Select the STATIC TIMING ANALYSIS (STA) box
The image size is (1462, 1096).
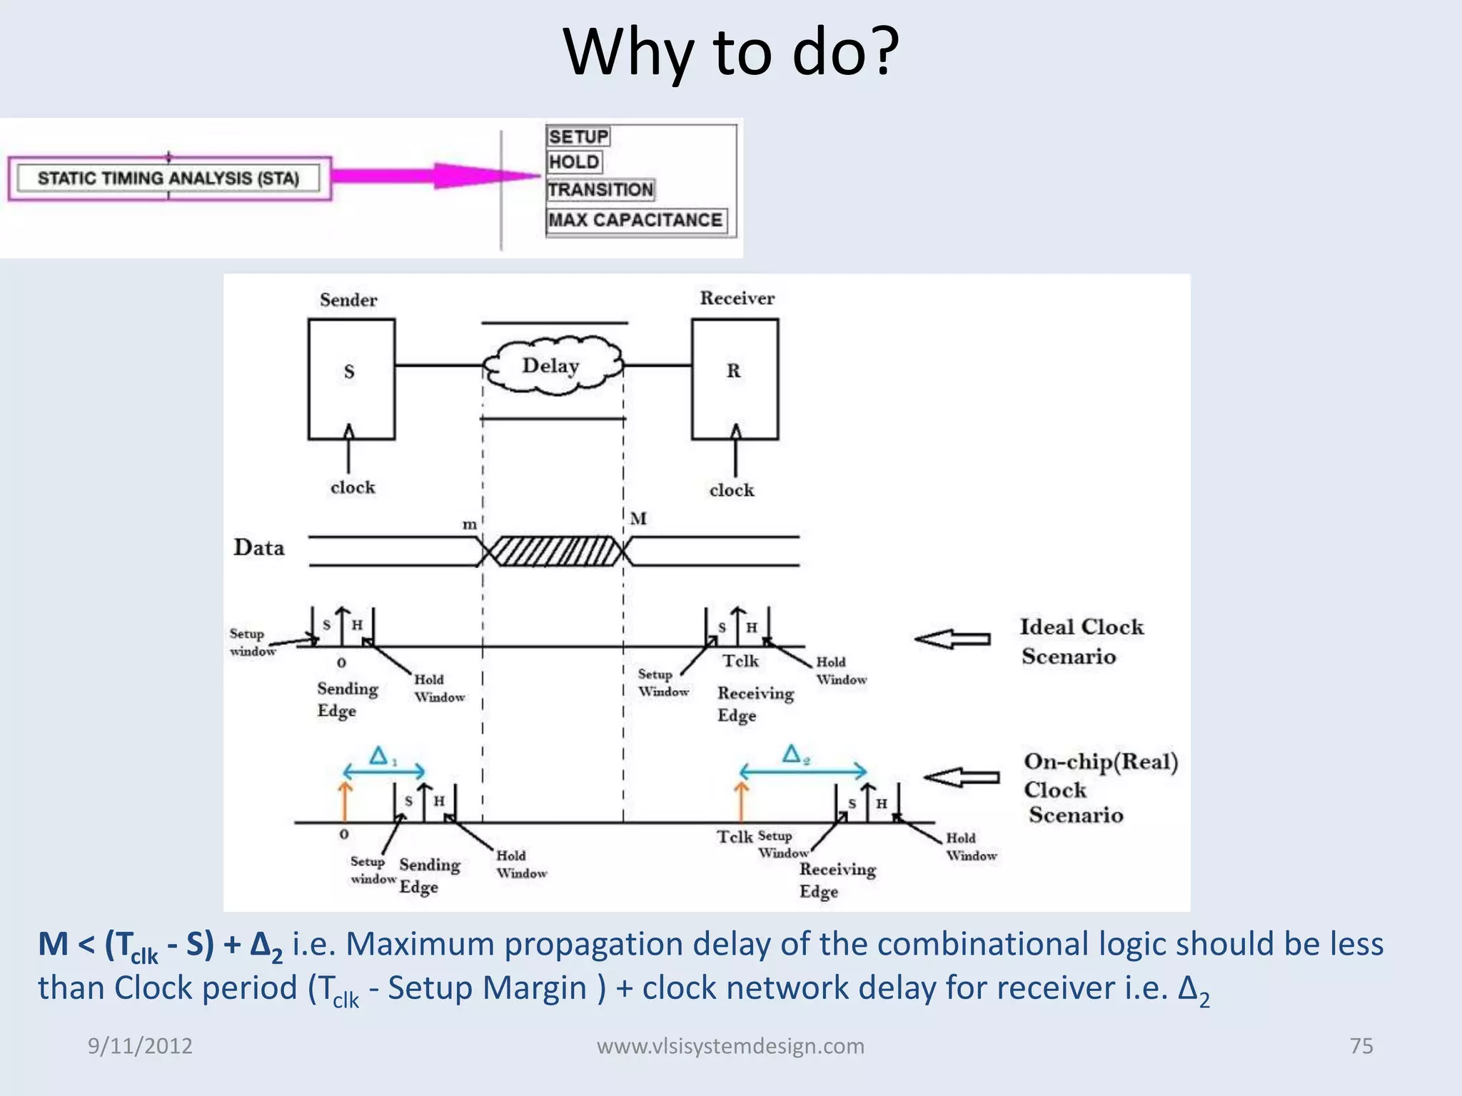coord(169,178)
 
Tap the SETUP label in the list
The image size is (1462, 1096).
coord(578,136)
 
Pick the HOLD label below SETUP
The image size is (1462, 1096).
coord(574,162)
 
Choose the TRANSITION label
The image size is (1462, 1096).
coord(600,190)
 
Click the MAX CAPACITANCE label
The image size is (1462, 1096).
coord(635,220)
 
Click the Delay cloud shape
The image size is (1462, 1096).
coord(552,366)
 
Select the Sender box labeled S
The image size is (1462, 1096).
coord(351,379)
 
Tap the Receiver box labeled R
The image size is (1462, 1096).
coord(735,379)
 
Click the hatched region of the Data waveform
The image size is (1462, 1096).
coord(554,552)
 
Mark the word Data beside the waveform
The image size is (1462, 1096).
coord(259,548)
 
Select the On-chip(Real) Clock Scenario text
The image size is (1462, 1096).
coord(1099,788)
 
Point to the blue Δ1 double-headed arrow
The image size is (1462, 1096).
coord(384,771)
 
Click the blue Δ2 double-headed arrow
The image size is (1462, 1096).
coord(803,771)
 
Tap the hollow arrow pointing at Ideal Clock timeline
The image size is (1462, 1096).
coord(953,639)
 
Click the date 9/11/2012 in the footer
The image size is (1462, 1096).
coord(140,1046)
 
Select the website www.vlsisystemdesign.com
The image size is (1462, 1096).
coord(730,1046)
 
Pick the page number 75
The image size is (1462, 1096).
coord(1361,1046)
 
